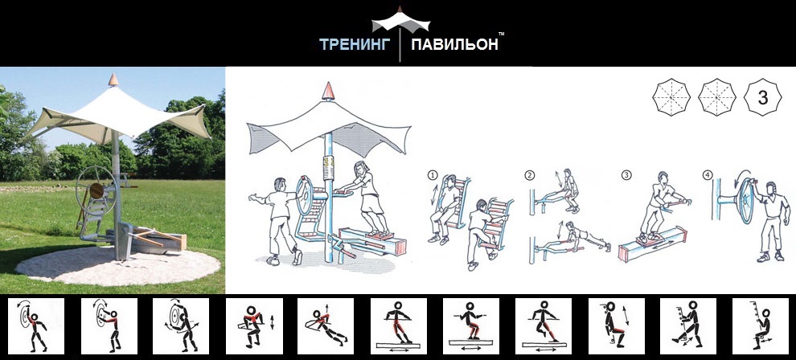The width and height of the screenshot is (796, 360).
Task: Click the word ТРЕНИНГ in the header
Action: point(355,45)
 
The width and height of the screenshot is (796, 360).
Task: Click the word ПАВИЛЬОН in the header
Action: point(454,45)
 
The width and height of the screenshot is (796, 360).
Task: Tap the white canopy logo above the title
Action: point(400,22)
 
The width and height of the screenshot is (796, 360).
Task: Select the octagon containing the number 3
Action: point(762,97)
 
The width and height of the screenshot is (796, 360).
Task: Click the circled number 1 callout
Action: point(433,175)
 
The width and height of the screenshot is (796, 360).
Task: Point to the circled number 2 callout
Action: point(530,175)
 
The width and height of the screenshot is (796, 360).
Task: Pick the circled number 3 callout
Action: point(626,175)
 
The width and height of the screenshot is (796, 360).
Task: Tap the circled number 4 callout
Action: point(708,175)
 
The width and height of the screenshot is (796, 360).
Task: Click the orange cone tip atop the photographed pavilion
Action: point(113,80)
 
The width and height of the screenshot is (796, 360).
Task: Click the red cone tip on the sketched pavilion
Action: point(329,91)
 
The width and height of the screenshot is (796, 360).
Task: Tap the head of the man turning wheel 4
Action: point(771,189)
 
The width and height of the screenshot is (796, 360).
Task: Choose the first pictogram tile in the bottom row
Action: point(36,326)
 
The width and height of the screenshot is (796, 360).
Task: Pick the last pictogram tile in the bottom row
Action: point(760,326)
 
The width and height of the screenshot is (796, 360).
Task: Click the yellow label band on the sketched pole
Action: point(329,166)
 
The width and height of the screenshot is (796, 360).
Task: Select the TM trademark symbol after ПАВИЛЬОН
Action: point(501,34)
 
